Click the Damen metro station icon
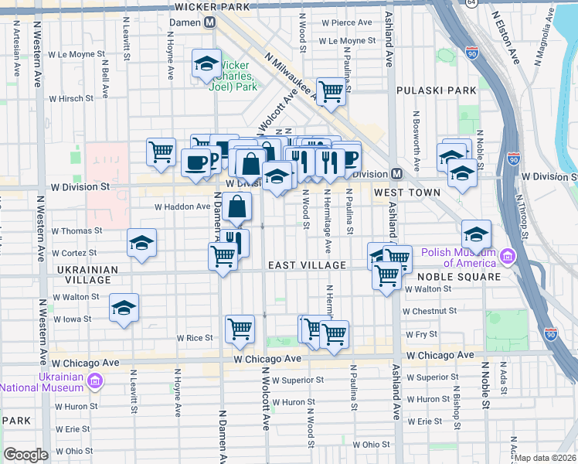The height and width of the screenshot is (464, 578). coord(209,23)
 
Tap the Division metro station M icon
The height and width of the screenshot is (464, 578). coord(396,174)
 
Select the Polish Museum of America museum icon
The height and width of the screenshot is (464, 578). coord(507,255)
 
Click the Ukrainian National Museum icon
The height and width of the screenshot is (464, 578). coord(94,380)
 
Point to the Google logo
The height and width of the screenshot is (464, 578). coord(25,454)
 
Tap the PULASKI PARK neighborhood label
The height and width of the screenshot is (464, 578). coord(437,90)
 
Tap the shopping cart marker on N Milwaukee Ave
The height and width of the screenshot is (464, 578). coord(331,90)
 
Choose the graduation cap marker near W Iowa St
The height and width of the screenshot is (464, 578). coord(124,308)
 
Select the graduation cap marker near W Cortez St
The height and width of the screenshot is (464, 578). coord(141,243)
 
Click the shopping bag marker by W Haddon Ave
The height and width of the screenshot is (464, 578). coord(239,206)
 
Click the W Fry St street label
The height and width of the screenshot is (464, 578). coord(422,334)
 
